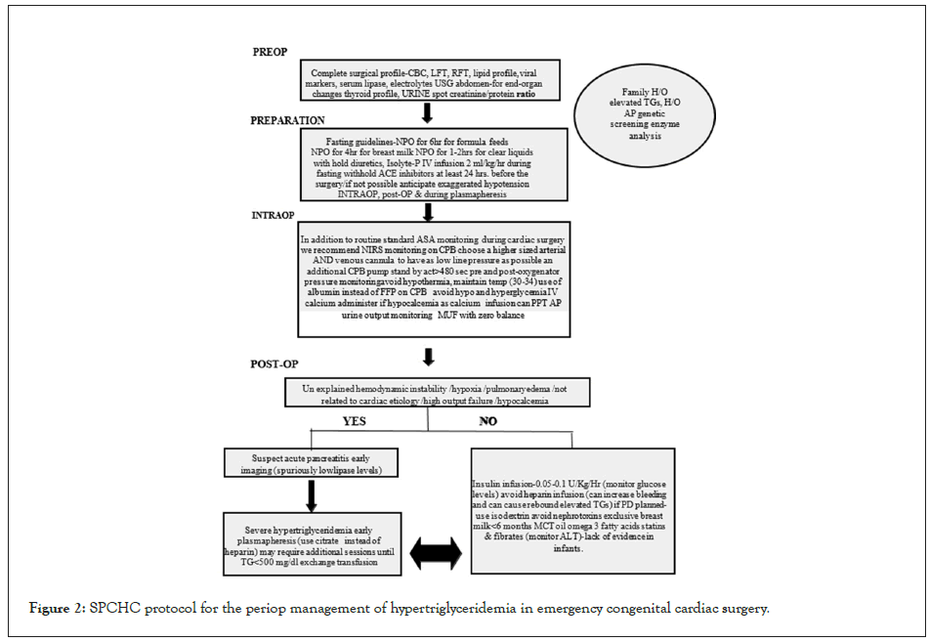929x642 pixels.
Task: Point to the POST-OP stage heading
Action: pyautogui.click(x=274, y=364)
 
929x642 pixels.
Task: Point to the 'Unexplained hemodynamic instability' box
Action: pyautogui.click(x=428, y=394)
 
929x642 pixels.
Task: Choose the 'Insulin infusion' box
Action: pyautogui.click(x=572, y=511)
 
